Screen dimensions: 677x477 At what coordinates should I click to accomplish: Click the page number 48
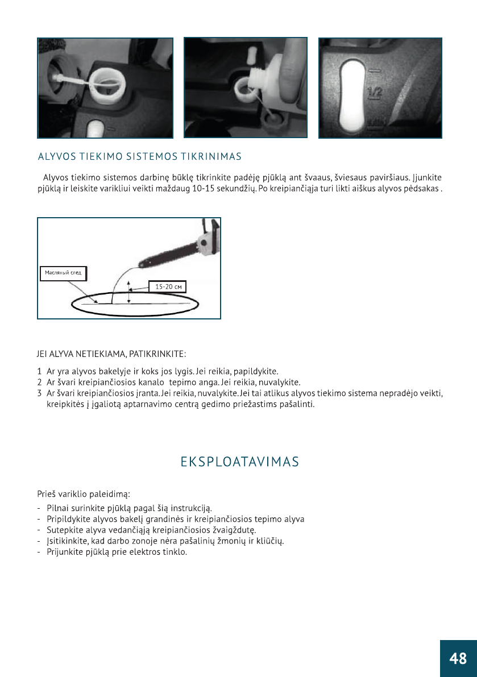[458, 658]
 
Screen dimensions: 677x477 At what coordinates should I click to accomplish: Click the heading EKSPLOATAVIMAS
[239, 462]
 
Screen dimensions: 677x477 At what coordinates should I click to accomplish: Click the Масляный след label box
[63, 273]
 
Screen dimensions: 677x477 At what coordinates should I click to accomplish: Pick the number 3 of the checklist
[39, 393]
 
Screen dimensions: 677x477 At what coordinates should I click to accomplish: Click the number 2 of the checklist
[39, 382]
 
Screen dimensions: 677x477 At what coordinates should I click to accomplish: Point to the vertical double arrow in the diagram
[129, 292]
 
